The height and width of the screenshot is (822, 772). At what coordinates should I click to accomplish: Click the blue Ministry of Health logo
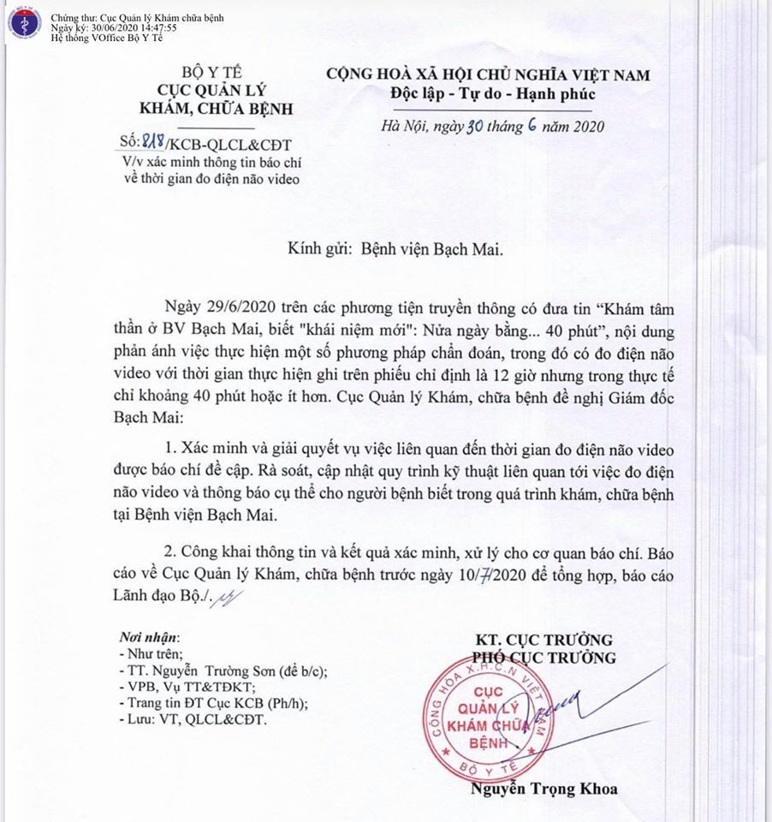pyautogui.click(x=24, y=25)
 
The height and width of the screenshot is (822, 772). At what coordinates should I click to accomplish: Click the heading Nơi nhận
pyautogui.click(x=150, y=638)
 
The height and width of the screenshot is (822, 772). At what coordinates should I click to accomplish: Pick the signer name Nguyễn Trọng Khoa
pyautogui.click(x=543, y=789)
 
